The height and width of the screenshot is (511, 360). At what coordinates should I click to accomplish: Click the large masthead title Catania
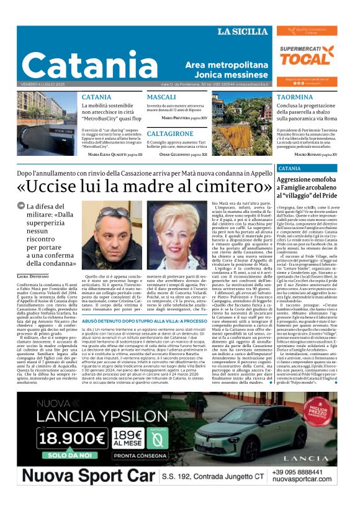pyautogui.click(x=99, y=64)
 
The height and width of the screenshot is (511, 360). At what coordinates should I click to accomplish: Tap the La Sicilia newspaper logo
pyautogui.click(x=243, y=32)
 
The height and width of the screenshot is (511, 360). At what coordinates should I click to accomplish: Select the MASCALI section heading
pyautogui.click(x=161, y=97)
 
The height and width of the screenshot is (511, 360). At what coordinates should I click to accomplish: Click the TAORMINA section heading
pyautogui.click(x=295, y=97)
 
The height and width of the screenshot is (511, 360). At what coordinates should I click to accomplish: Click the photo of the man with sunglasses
pyautogui.click(x=111, y=235)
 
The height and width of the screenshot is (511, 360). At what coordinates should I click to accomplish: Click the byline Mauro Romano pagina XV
pyautogui.click(x=316, y=153)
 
